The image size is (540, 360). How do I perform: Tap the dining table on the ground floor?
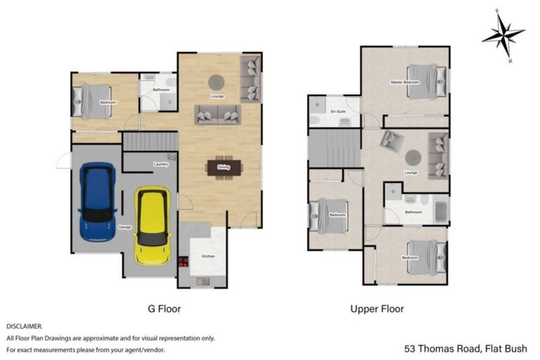pos(224,167)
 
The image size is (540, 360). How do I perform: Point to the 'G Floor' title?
pos(165,308)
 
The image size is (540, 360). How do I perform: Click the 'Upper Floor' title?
pos(377,308)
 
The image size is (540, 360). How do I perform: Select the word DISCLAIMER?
pos(25,327)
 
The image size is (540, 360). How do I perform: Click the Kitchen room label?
pos(207,257)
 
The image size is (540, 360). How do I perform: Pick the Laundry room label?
pos(160,165)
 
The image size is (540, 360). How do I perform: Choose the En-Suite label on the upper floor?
pos(338,111)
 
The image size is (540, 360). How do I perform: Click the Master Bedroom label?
pos(404,83)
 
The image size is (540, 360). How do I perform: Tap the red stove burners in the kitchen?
pos(184,262)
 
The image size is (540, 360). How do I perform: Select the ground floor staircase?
pos(150,143)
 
